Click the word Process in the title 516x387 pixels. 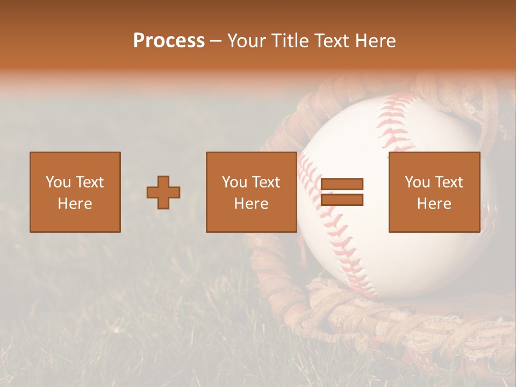click(169, 41)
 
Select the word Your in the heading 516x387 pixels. click(245, 41)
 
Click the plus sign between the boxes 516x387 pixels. click(163, 192)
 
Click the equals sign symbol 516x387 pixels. click(342, 192)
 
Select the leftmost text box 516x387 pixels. click(75, 192)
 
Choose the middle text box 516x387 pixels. click(252, 192)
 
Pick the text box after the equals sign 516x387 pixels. click(434, 192)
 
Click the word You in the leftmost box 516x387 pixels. click(58, 182)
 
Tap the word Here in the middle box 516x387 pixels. click(252, 204)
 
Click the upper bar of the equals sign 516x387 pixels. click(342, 184)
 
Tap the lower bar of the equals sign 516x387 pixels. click(342, 199)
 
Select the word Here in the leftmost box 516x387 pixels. click(75, 204)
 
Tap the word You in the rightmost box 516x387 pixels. click(417, 182)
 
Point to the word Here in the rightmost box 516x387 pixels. click(434, 204)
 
